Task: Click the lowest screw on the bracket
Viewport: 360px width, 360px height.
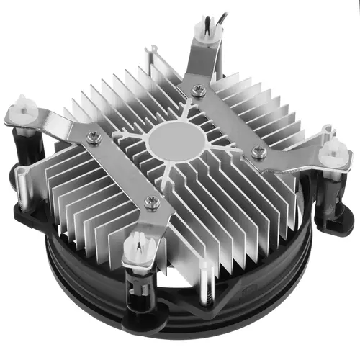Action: pyautogui.click(x=150, y=202)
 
